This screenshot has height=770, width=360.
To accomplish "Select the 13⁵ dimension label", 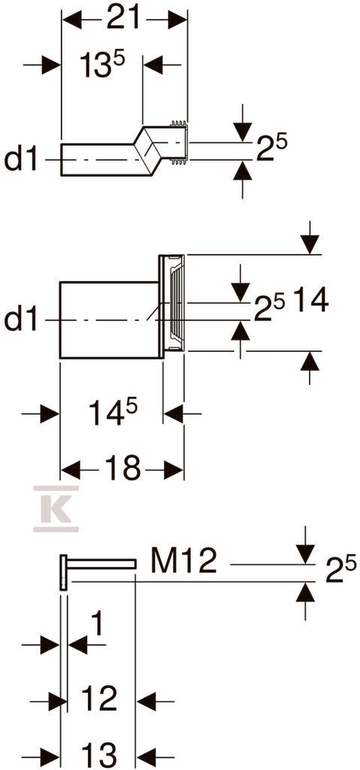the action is [103, 65].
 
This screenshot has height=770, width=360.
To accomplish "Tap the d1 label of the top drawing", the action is [21, 159].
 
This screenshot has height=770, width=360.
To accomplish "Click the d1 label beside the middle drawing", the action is [21, 320].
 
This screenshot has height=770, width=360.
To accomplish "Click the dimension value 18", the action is [123, 469].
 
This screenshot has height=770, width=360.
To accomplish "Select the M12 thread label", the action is [184, 561].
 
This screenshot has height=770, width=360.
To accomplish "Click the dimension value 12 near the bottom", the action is [100, 699].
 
